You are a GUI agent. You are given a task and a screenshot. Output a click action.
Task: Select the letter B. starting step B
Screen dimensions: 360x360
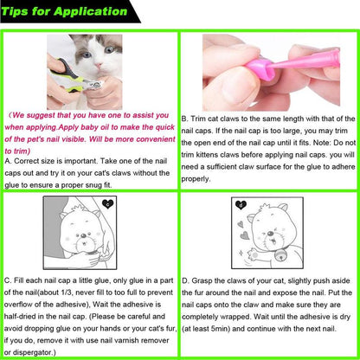[x=186, y=117]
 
